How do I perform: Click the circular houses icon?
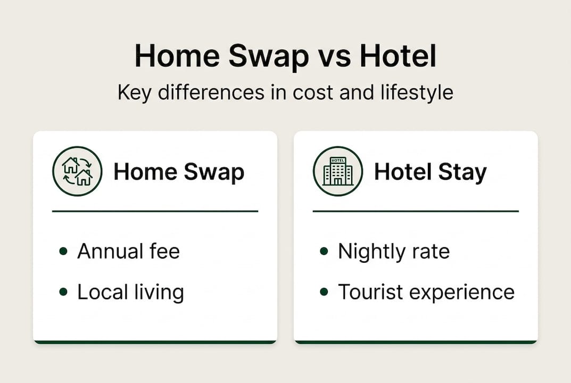click(x=77, y=171)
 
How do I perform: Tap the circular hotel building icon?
click(x=338, y=171)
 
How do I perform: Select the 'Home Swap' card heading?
click(x=179, y=172)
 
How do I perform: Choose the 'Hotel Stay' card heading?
click(x=430, y=172)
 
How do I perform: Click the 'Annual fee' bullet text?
click(x=128, y=251)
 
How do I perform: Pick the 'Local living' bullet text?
click(x=130, y=292)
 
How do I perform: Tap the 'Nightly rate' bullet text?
click(x=394, y=251)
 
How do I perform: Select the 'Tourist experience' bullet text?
click(x=426, y=292)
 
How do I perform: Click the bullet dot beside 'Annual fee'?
click(x=64, y=251)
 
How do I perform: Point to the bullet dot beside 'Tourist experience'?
click(x=324, y=292)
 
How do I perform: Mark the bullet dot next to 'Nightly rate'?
click(x=324, y=251)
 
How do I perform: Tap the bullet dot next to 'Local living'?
click(x=64, y=292)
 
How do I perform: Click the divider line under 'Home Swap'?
click(x=155, y=211)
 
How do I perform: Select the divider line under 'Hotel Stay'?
click(x=416, y=211)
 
